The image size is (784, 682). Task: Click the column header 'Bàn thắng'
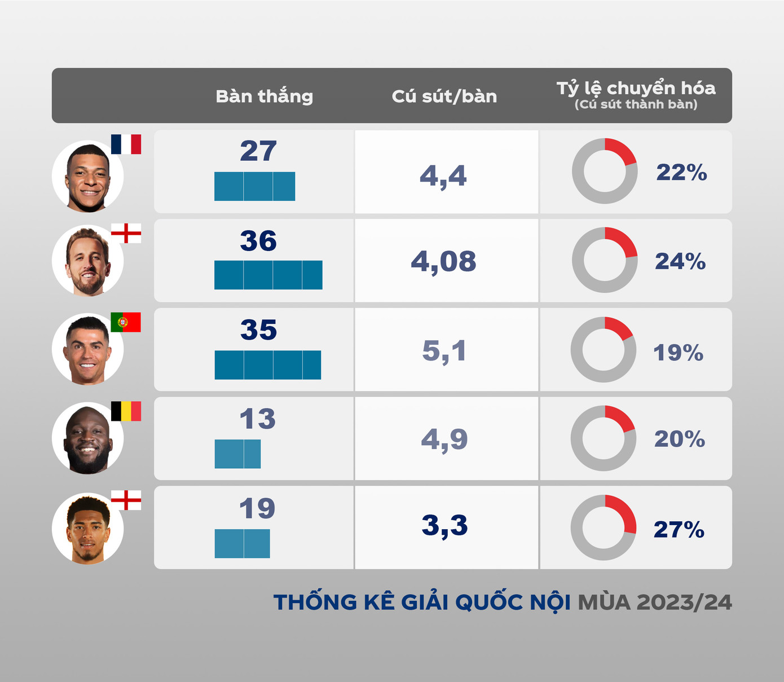(264, 96)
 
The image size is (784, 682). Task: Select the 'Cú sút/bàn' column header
(444, 96)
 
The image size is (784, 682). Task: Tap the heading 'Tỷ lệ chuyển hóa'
(636, 88)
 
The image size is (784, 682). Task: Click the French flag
(126, 144)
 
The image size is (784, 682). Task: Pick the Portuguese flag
(126, 322)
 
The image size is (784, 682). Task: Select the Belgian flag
(126, 411)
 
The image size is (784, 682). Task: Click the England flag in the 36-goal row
(126, 233)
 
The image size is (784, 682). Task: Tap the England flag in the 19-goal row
(126, 500)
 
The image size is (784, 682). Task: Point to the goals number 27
(258, 151)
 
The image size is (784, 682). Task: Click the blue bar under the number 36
(268, 275)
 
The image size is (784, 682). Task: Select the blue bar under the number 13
(237, 454)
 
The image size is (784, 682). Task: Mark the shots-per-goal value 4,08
(444, 262)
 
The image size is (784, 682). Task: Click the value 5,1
(444, 351)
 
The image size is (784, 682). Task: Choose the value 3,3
(444, 526)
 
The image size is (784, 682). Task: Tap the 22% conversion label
(681, 173)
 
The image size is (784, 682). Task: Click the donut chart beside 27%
(604, 527)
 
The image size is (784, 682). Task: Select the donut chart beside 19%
(604, 349)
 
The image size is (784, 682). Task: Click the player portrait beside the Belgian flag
(87, 438)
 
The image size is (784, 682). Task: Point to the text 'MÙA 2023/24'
(654, 602)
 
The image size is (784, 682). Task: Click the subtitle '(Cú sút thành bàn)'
(636, 104)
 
